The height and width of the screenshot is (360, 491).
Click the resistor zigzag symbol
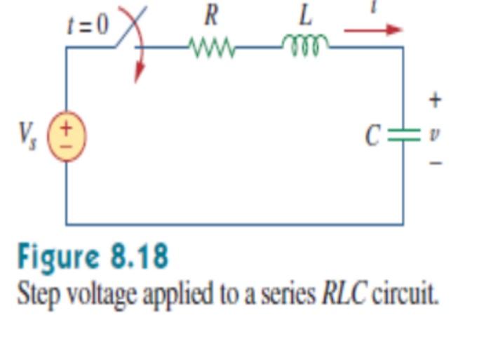pos(212,48)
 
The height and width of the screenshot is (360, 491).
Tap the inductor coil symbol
pos(305,46)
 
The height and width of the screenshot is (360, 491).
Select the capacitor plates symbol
pos(403,134)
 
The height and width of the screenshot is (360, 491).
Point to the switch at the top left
pos(130,32)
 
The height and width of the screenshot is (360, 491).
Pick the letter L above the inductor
pos(305,14)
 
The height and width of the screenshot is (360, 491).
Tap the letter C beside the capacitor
pos(373,135)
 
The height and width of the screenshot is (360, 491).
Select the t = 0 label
pos(88,25)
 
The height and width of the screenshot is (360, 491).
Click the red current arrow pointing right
pos(372,30)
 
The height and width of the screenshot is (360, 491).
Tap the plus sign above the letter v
pos(435,100)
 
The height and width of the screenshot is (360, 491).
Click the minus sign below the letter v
pos(436,163)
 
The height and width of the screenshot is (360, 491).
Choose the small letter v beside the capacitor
pos(434,133)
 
